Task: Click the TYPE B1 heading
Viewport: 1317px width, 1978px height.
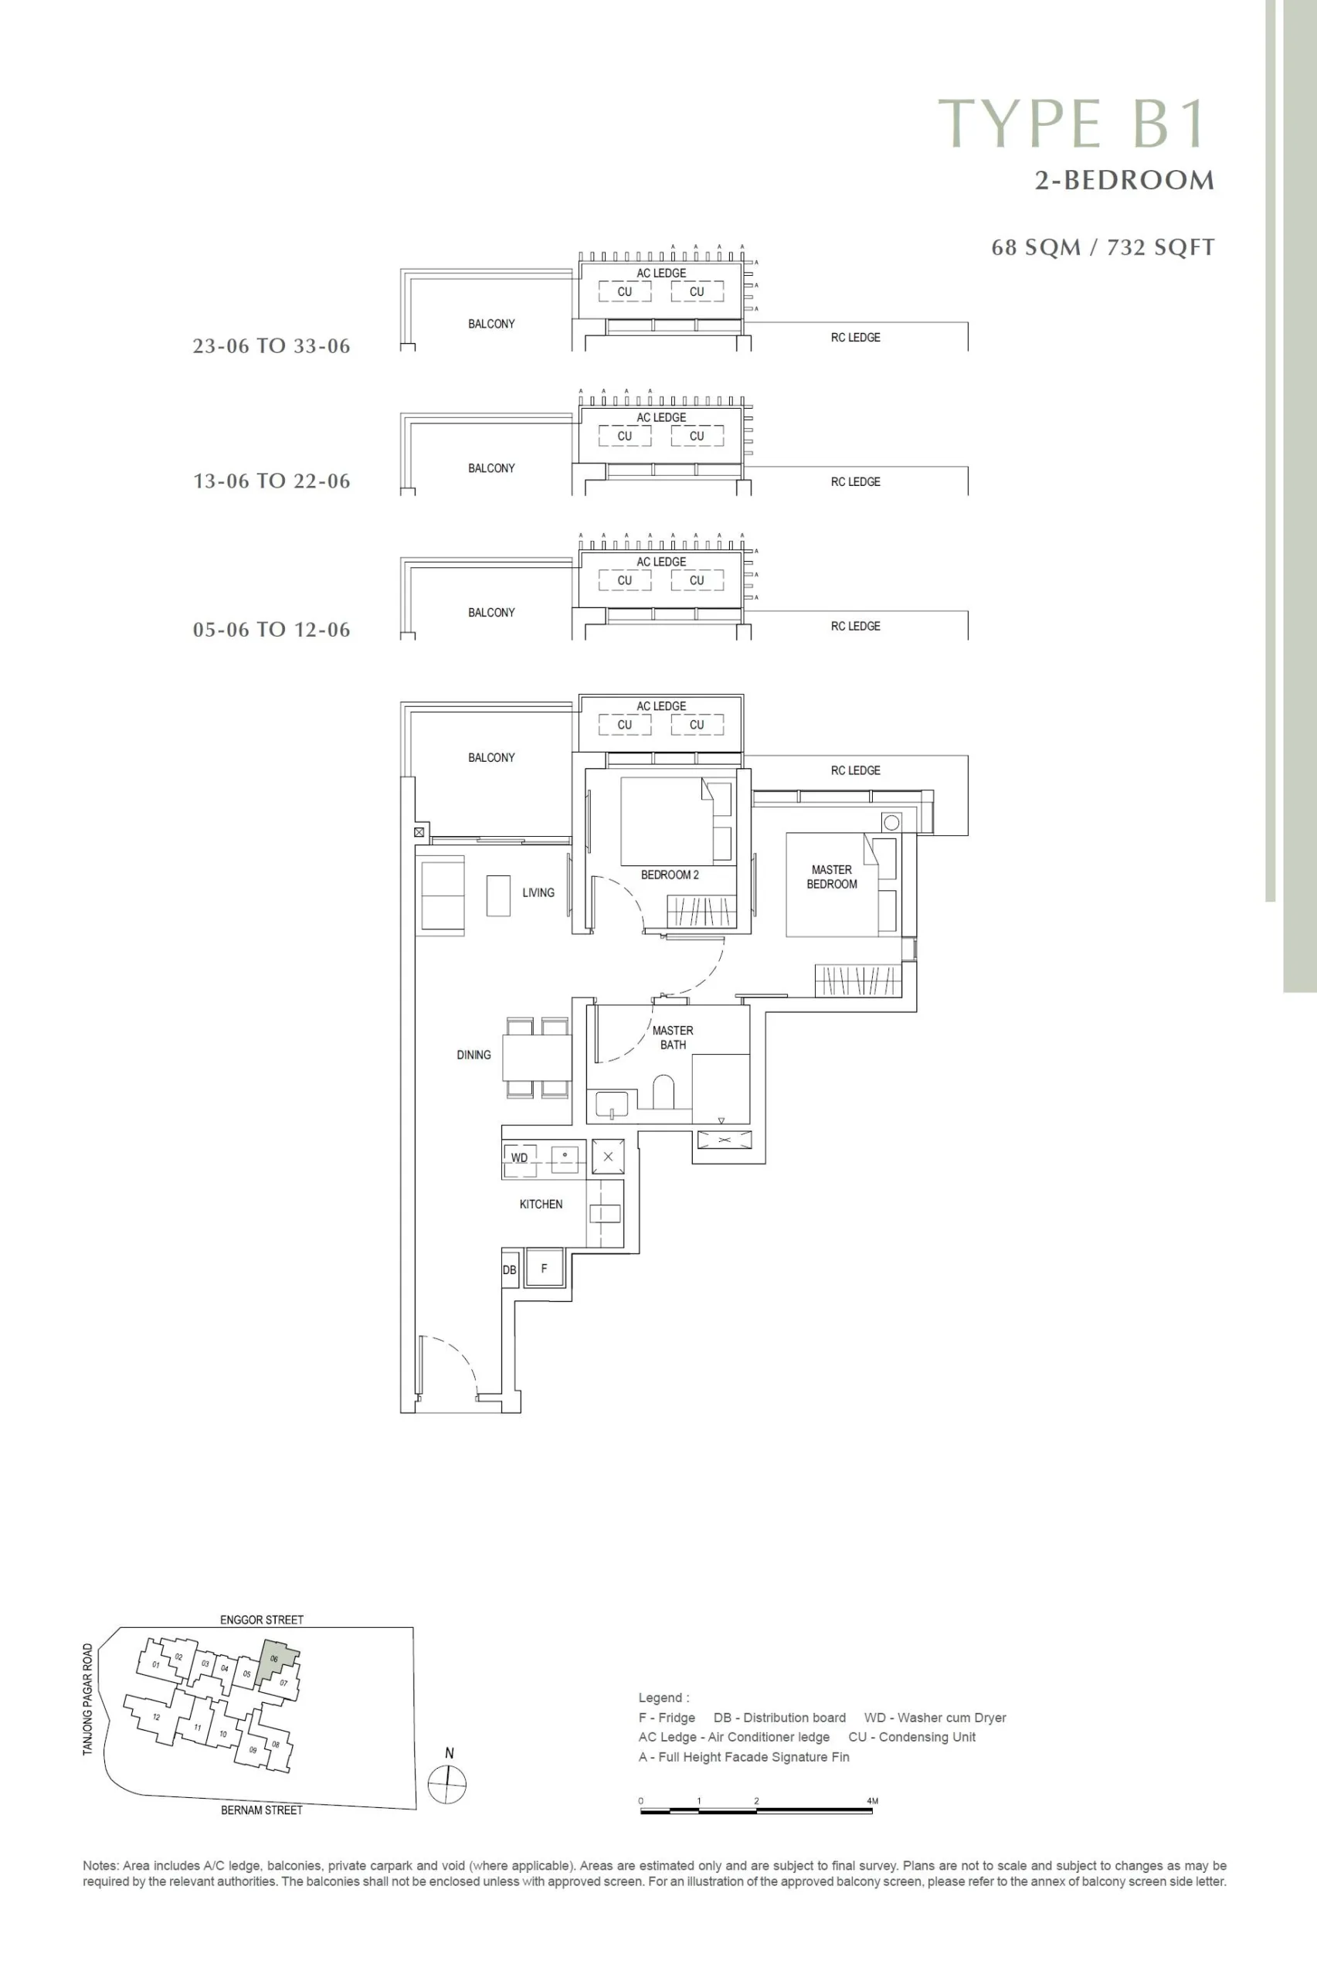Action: point(1073,124)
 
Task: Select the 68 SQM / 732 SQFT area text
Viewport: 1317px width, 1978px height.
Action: point(1103,247)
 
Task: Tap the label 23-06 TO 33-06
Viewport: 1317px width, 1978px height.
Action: point(271,346)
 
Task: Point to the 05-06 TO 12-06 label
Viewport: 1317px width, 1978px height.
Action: point(271,630)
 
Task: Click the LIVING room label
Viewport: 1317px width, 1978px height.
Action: point(538,893)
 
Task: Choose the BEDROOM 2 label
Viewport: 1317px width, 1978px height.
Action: point(670,875)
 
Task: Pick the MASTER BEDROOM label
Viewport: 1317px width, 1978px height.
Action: point(831,877)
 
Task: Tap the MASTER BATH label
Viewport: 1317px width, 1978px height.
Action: point(673,1038)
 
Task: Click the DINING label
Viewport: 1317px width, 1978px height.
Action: point(474,1055)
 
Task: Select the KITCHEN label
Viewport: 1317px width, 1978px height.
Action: point(541,1205)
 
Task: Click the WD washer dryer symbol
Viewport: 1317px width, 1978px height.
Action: point(520,1158)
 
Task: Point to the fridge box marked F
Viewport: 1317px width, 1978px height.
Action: point(544,1269)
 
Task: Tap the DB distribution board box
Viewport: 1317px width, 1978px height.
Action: point(510,1270)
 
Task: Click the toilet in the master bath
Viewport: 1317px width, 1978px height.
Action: point(664,1092)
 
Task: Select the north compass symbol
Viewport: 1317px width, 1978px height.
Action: point(448,1785)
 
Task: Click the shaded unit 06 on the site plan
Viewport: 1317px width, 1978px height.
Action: point(276,1662)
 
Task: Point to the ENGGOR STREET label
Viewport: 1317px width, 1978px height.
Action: point(261,1619)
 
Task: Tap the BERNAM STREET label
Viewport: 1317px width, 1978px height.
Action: point(261,1810)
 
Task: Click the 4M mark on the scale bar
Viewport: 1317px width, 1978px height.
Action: point(873,1801)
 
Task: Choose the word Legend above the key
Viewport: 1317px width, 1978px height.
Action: point(662,1698)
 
